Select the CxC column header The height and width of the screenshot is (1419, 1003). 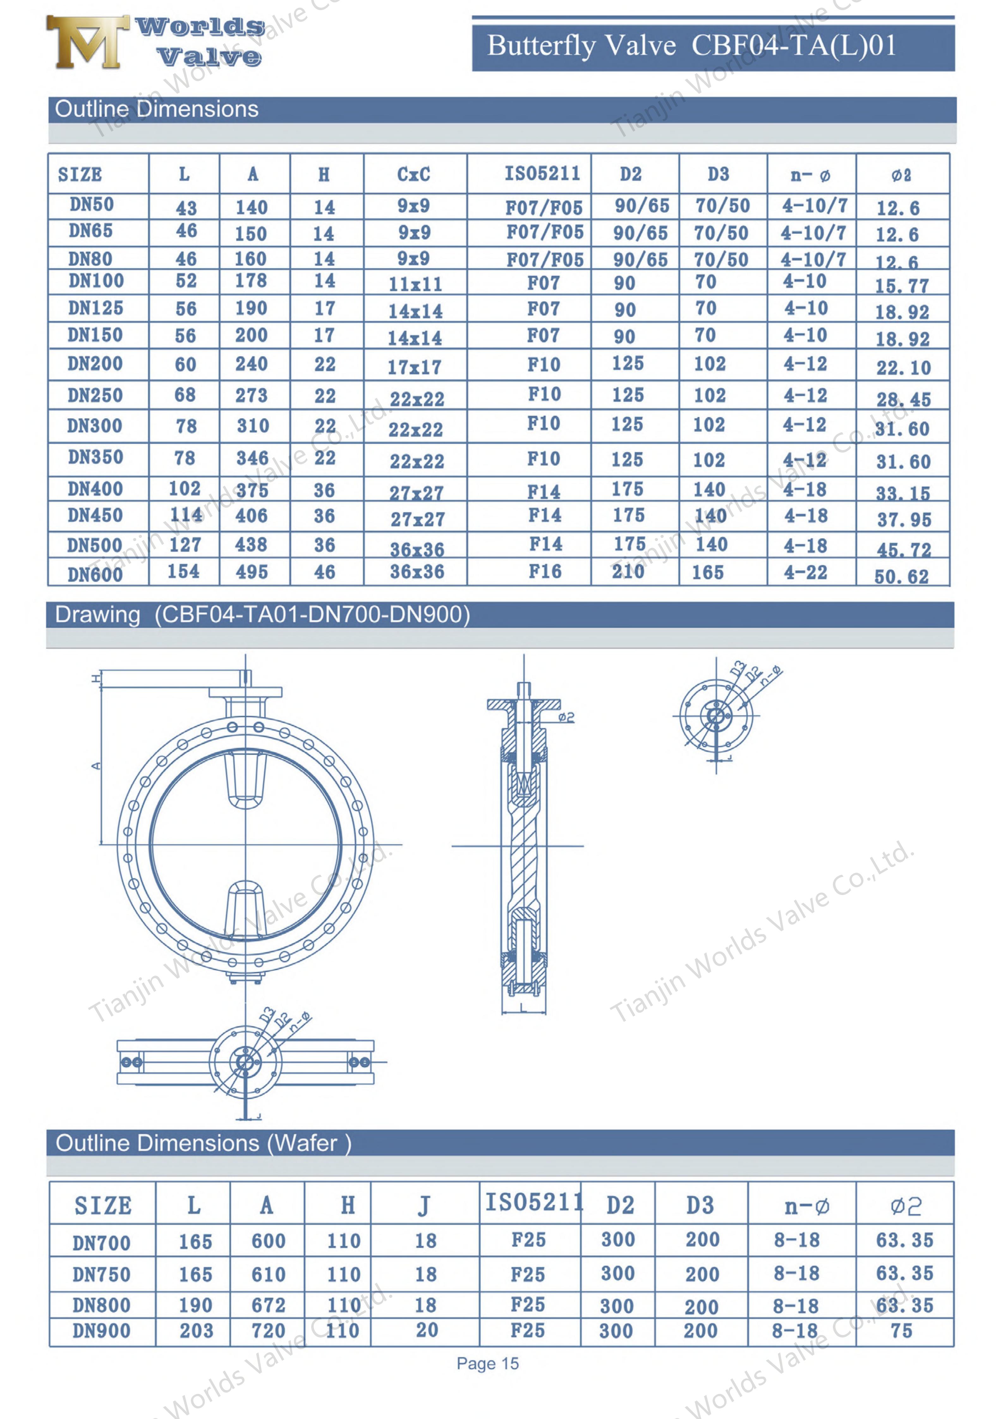[x=413, y=174]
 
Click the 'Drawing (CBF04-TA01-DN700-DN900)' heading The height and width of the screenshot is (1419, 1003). [x=263, y=615]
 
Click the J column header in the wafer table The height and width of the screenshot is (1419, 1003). [x=424, y=1206]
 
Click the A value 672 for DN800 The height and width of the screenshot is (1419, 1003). [x=268, y=1305]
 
